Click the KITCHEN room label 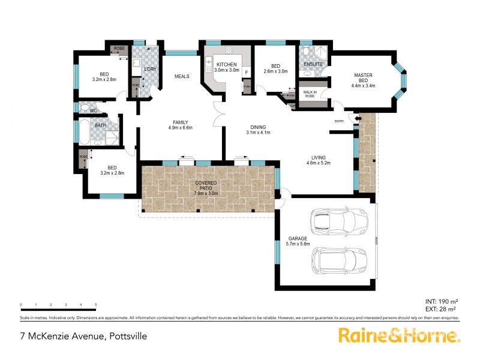[227, 64]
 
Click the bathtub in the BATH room [83, 131]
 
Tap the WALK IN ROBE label [310, 94]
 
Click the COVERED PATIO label [205, 184]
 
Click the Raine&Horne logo [398, 335]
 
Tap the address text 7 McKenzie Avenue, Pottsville [83, 337]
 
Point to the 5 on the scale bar [95, 305]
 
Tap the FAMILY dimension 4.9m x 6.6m [180, 127]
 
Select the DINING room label [259, 127]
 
